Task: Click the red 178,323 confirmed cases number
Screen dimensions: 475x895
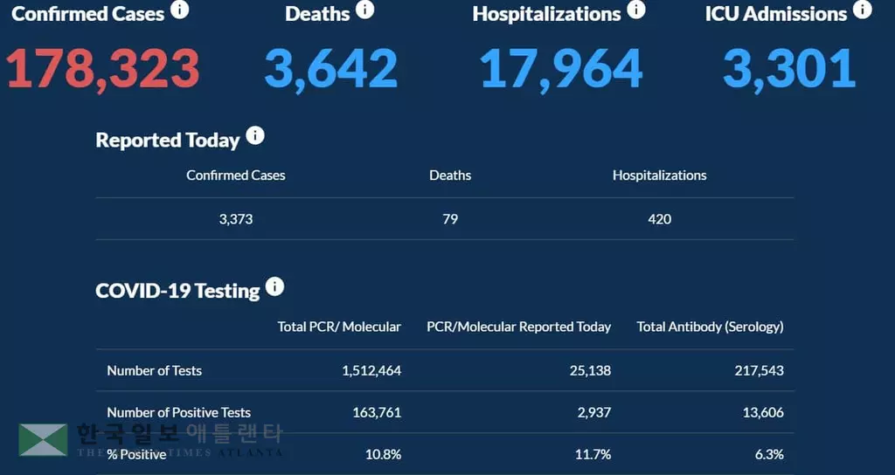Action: tap(104, 69)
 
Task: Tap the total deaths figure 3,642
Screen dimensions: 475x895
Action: tap(330, 69)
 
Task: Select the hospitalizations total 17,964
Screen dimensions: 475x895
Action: tap(561, 69)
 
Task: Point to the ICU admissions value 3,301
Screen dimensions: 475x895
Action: tap(788, 69)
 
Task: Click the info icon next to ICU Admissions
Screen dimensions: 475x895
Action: tap(862, 10)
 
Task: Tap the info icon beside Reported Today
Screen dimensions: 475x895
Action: tap(254, 136)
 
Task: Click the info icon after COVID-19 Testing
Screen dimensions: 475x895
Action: tap(274, 286)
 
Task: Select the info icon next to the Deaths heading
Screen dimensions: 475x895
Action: tap(364, 10)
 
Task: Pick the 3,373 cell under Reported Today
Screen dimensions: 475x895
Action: tap(236, 219)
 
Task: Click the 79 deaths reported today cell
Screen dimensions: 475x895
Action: tap(450, 219)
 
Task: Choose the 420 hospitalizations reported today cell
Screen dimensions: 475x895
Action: tap(659, 219)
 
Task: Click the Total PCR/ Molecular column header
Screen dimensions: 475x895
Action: tap(339, 327)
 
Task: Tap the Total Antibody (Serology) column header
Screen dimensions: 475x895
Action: tap(710, 327)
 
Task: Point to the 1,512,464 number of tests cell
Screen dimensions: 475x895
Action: tap(371, 370)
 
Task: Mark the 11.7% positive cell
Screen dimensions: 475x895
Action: tap(593, 454)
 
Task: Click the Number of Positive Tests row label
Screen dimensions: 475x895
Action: tap(178, 412)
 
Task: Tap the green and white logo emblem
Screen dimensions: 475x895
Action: tap(43, 440)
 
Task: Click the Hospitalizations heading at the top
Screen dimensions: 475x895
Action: tap(546, 14)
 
